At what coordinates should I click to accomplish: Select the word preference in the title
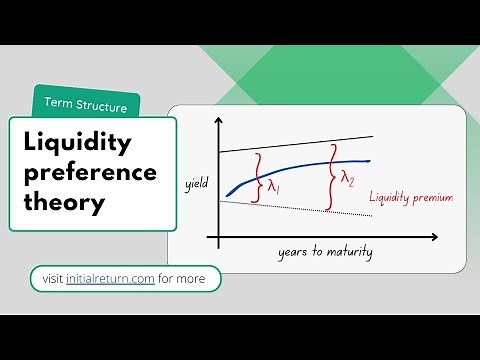coord(90,173)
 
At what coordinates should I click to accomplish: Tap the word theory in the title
coord(64,203)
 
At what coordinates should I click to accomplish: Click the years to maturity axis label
coord(325,252)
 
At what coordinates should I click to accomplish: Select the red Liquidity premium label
coord(410,198)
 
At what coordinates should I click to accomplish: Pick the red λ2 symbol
coord(347,179)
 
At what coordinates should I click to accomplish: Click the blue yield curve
coord(300,166)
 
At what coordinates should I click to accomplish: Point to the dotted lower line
coord(300,207)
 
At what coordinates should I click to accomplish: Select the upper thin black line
coord(300,142)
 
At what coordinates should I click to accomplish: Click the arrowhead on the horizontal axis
coord(433,237)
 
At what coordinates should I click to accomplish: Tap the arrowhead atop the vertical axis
coord(215,119)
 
